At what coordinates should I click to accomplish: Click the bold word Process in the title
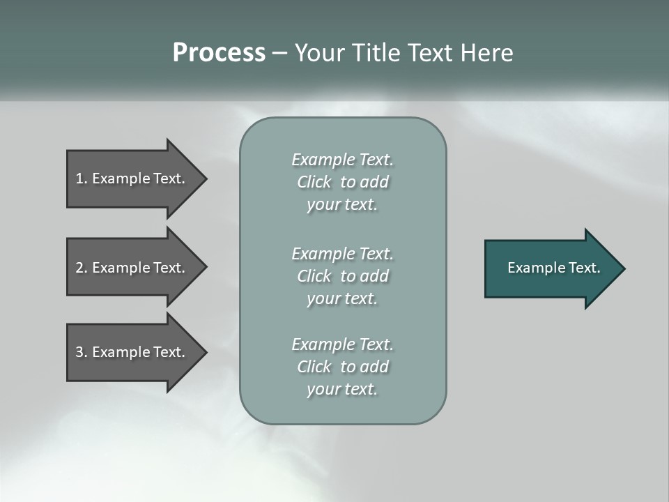(x=219, y=53)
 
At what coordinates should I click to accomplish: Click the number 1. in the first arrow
(x=82, y=178)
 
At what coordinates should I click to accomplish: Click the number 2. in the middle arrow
(x=82, y=268)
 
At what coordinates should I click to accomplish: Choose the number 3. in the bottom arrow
(x=82, y=352)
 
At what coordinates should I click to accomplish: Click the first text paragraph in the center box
(x=342, y=182)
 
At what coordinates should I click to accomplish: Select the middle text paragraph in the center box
(x=342, y=275)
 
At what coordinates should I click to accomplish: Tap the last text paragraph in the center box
(x=342, y=367)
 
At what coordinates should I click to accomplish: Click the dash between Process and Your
(x=279, y=54)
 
